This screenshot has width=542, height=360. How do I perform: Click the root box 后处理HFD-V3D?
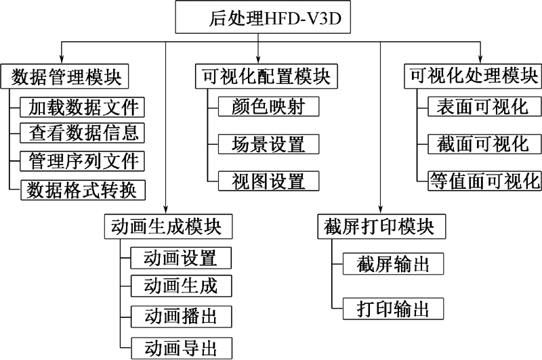point(263,18)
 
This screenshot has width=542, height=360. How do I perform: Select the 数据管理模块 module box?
point(64,76)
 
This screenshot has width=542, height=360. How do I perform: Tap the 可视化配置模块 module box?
point(266,76)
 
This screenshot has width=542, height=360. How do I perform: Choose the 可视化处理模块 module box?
point(473,76)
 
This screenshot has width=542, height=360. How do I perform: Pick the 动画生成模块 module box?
point(168,227)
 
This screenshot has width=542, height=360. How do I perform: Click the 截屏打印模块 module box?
point(381,227)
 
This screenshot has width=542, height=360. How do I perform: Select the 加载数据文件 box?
point(82,108)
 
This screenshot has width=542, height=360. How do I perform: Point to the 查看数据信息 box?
point(82,133)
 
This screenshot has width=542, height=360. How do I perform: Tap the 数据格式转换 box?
point(83,190)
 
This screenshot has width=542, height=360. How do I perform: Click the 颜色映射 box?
point(268,106)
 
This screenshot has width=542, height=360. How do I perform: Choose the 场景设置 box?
point(268,144)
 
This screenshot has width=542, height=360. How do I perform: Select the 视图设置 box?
point(268,181)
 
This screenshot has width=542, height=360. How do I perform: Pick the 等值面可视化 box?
point(484,181)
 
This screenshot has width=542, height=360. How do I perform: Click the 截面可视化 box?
point(484,144)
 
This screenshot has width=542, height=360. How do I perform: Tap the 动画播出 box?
point(182,317)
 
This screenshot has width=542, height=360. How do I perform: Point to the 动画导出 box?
point(182,348)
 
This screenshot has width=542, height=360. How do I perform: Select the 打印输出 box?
point(394,309)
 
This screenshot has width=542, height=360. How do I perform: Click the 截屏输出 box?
point(394,264)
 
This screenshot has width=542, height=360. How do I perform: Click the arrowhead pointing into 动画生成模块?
point(165,210)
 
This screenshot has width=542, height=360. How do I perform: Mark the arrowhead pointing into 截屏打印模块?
point(380,210)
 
